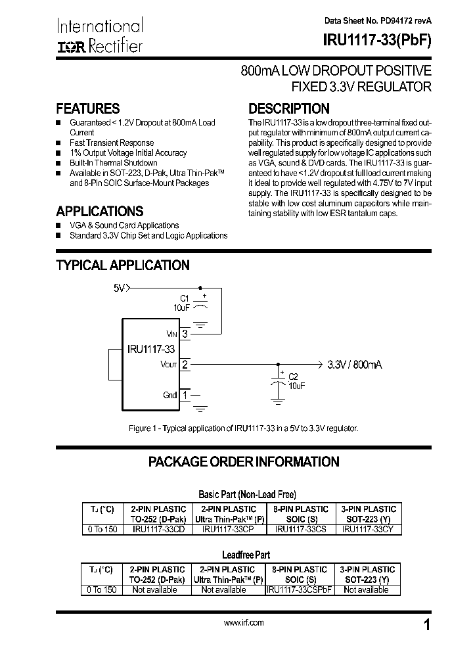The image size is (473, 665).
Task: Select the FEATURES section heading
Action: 88,109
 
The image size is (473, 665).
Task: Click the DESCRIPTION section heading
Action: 288,109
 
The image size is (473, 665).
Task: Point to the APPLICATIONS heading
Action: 99,212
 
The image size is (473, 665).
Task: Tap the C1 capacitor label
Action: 185,298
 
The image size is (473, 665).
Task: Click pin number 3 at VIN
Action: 185,334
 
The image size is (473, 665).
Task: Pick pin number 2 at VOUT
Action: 185,364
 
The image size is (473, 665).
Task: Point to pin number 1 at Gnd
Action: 185,395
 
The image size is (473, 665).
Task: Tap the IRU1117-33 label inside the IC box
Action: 150,349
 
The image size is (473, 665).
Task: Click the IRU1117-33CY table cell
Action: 368,529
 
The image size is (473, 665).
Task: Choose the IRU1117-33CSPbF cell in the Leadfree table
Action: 300,589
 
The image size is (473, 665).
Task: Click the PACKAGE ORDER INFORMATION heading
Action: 244,461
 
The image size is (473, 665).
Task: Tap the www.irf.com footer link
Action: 244,622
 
